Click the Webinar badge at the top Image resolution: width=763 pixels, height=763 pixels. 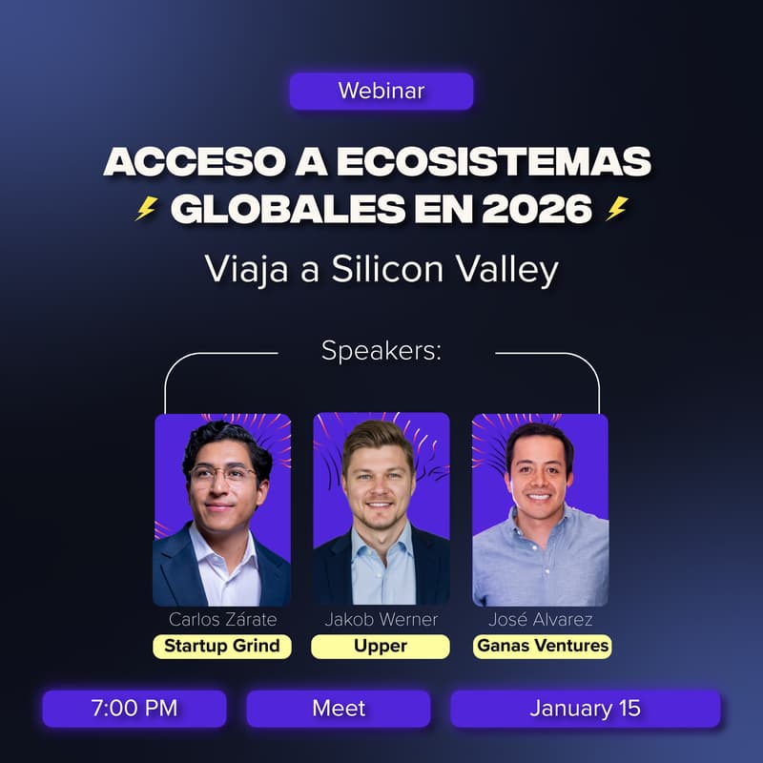pyautogui.click(x=381, y=92)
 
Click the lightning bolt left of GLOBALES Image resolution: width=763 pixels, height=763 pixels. pyautogui.click(x=146, y=209)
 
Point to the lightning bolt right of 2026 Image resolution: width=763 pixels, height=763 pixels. pyautogui.click(x=617, y=209)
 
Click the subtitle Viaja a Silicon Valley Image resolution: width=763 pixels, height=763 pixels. pyautogui.click(x=381, y=270)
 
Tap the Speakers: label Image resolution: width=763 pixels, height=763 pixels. pyautogui.click(x=381, y=351)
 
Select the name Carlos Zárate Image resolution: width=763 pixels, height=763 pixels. pyautogui.click(x=222, y=620)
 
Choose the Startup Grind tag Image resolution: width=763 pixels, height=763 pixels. pyautogui.click(x=222, y=646)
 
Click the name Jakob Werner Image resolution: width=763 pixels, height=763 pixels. pyautogui.click(x=381, y=620)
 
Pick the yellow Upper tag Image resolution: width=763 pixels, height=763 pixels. pyautogui.click(x=381, y=646)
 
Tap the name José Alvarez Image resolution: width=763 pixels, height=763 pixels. pyautogui.click(x=540, y=620)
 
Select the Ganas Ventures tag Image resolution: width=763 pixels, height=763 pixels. pyautogui.click(x=541, y=646)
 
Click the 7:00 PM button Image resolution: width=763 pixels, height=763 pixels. pyautogui.click(x=134, y=709)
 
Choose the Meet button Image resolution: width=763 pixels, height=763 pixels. pyautogui.click(x=339, y=709)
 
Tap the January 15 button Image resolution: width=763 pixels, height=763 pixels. pyautogui.click(x=585, y=709)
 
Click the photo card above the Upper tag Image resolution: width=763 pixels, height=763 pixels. pyautogui.click(x=381, y=508)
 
